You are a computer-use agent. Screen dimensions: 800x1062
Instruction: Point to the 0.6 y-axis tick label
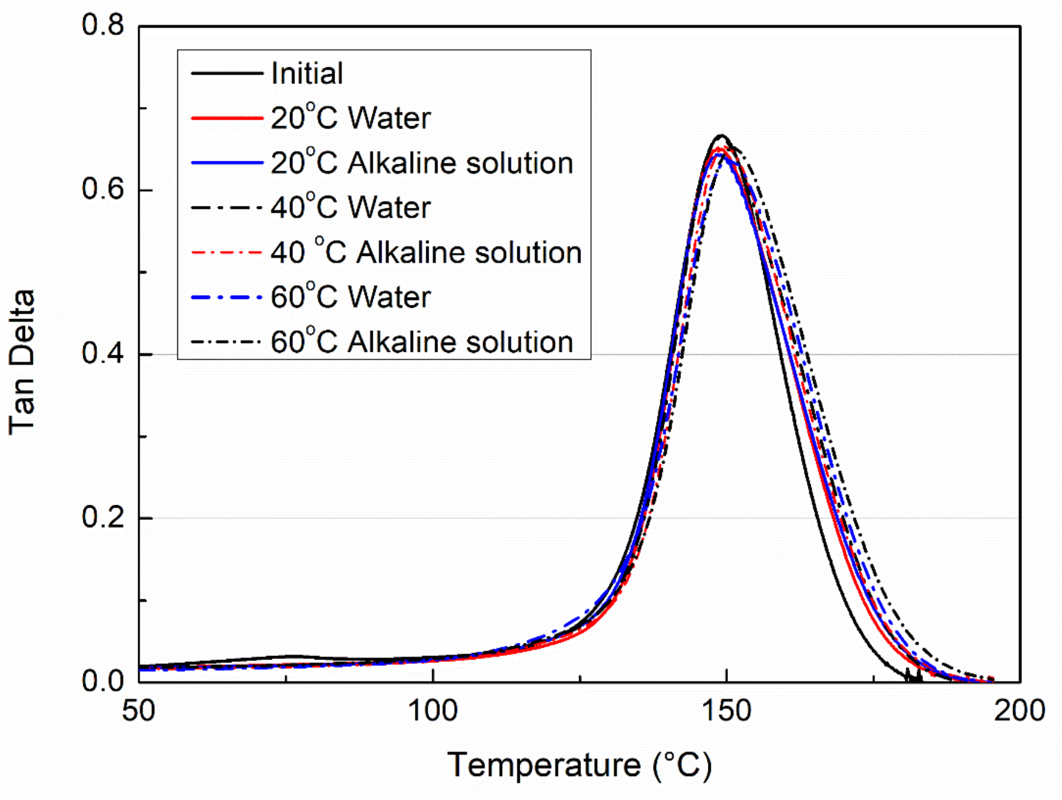coord(102,189)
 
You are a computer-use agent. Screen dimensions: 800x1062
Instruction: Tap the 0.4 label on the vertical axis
coord(102,354)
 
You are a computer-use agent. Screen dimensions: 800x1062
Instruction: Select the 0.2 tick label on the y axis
coord(102,517)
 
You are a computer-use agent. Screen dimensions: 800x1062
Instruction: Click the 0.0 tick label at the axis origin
coord(102,681)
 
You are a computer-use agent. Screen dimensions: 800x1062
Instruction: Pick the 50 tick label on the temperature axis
coord(138,711)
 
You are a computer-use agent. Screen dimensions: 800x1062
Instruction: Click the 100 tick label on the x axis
coord(432,711)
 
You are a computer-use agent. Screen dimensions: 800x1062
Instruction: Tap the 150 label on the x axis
coord(726,711)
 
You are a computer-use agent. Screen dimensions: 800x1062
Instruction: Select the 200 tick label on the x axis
coord(1019,711)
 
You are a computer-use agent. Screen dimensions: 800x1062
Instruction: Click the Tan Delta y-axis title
coord(21,362)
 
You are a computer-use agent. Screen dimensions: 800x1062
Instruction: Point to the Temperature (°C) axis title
coord(579,765)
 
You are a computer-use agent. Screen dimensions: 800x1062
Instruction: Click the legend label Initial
coord(307,74)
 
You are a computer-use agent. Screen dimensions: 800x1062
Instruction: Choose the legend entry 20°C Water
coord(350,118)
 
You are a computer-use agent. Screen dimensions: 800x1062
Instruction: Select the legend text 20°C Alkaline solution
coord(421,162)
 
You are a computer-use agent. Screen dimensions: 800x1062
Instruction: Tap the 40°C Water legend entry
coord(350,207)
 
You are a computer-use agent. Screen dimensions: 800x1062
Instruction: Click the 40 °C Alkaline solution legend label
coord(426,252)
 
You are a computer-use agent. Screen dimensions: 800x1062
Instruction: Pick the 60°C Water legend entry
coord(350,296)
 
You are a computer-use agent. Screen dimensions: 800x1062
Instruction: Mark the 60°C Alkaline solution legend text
coord(421,342)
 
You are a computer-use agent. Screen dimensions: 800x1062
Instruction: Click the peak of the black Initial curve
coord(721,136)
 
